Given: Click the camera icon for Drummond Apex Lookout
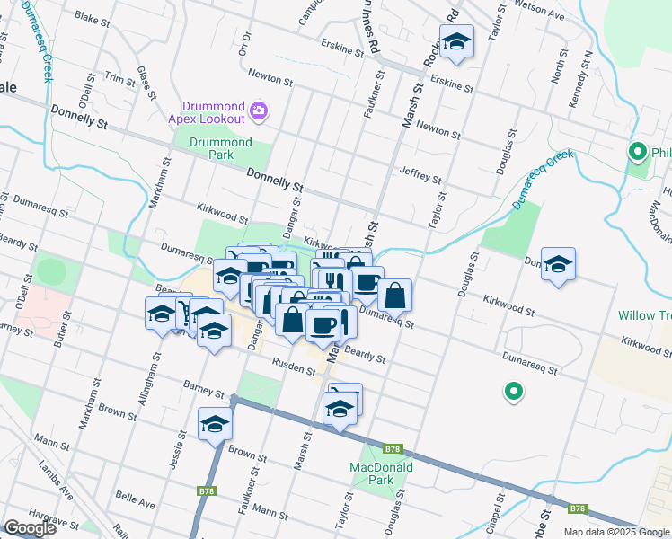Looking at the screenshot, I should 259,110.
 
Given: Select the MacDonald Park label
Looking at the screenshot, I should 381,473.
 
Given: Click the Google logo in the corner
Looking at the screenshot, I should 30,528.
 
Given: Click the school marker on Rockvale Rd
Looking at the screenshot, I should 456,42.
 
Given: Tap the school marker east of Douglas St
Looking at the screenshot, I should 558,264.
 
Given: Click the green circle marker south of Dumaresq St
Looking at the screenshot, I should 513,391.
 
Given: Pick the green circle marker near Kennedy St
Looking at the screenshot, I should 638,152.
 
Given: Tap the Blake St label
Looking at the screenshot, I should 92,17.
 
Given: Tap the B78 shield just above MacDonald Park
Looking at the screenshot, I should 392,448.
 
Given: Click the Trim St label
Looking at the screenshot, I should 119,78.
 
